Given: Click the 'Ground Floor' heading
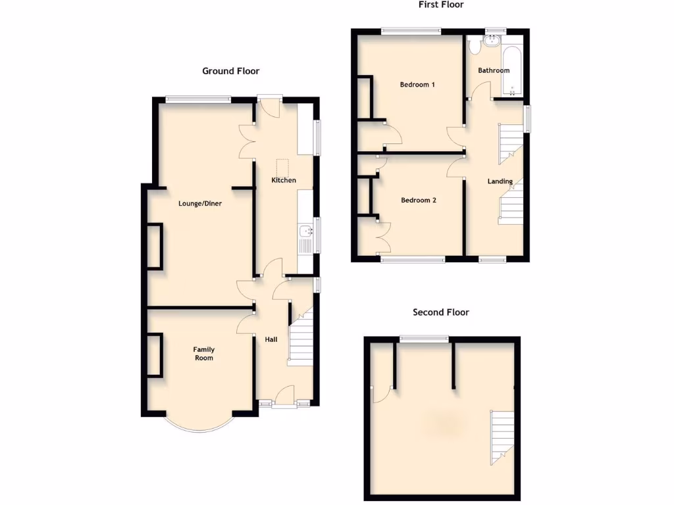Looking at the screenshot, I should point(230,71).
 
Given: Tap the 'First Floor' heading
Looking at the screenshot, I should point(441,5).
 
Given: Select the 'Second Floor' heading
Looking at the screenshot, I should point(440,312).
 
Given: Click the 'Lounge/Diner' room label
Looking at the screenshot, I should point(200,204).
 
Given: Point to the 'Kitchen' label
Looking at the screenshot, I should point(284,180).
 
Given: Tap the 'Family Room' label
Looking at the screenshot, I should point(203,354).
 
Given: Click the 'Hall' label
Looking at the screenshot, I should point(271,340).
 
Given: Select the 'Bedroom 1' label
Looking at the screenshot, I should point(417,85).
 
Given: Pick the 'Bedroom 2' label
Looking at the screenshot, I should point(419,201).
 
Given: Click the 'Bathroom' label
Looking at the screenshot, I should point(494,70).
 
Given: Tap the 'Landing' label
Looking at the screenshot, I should point(500,181).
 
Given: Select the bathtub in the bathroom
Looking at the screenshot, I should point(511,68).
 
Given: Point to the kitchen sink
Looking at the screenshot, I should point(305,231).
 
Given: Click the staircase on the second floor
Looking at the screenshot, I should point(502,435).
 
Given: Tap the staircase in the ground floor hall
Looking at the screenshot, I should point(301,339).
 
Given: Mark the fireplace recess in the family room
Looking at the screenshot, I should point(155,355).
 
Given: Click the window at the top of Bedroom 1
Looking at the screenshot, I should point(411,30).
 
